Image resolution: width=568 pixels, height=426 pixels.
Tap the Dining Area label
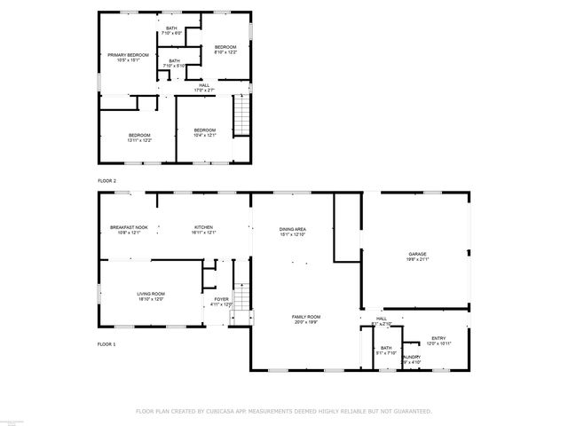(x=292, y=232)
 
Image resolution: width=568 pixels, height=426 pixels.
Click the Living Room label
(x=151, y=296)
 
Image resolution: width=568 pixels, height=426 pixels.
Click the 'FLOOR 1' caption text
(x=107, y=343)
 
